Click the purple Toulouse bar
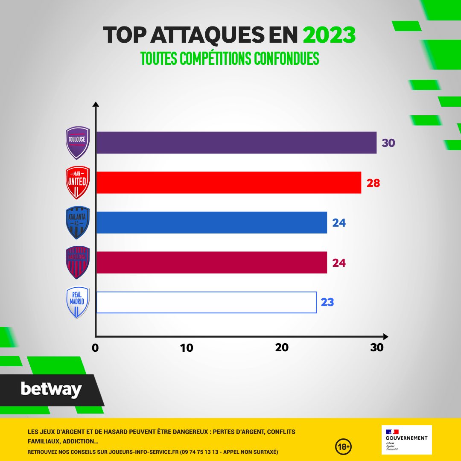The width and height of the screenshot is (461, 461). coord(236,143)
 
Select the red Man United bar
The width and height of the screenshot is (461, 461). coord(228,183)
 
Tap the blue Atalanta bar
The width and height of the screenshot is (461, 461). coord(211,222)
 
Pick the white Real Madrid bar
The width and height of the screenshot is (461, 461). coord(206,303)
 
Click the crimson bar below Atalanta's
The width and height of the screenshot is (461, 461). coord(211,263)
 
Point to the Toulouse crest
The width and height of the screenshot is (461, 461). coord(78,143)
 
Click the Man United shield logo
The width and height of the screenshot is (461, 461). coord(78,183)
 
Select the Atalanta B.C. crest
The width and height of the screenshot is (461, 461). coord(78,222)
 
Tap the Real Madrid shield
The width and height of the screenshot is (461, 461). coord(78,302)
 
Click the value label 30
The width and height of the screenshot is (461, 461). coord(388,143)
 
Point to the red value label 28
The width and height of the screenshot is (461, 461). coord(373,183)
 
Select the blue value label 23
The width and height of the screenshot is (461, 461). coord(327,303)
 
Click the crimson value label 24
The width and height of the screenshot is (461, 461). coord(338,263)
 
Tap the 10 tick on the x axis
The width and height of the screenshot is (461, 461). coord(187,348)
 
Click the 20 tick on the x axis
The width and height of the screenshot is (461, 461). coord(282,348)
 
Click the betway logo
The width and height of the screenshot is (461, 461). coord(51,389)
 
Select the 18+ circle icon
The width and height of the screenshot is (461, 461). coord(343,446)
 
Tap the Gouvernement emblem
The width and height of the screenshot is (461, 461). coord(406,439)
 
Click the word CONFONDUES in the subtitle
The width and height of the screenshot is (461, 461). coord(286,59)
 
